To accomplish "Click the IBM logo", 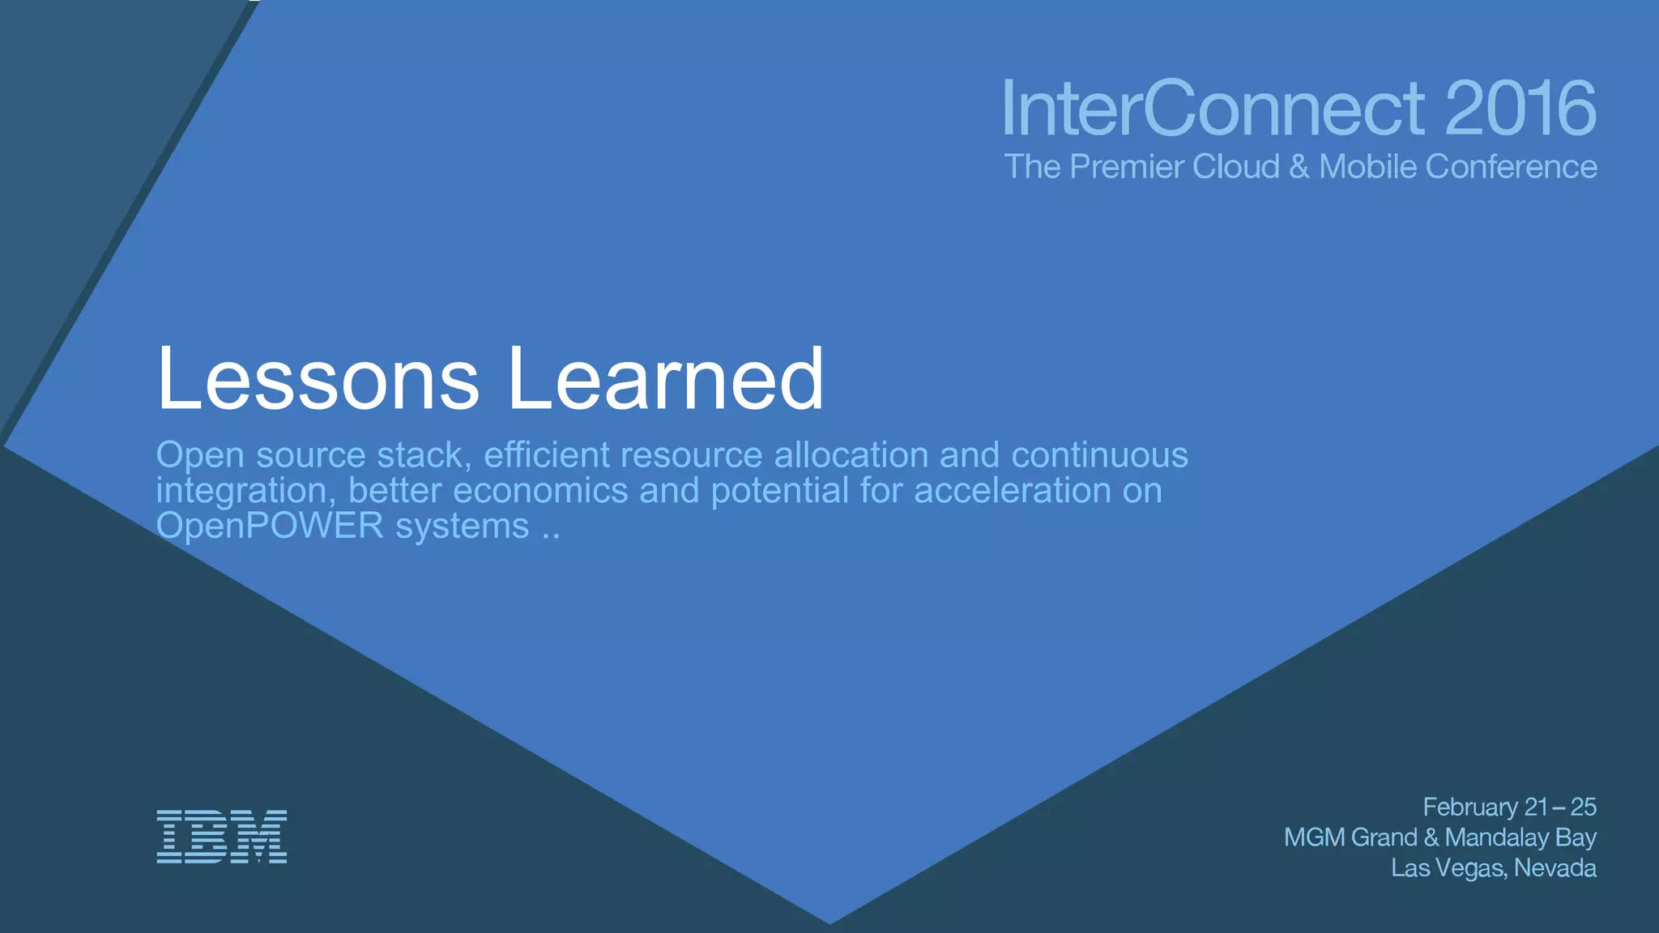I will [x=221, y=836].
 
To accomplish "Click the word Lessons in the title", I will [x=318, y=379].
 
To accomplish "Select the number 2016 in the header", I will [x=1520, y=109].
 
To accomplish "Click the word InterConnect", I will [x=1213, y=109].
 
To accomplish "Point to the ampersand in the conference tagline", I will [x=1299, y=167].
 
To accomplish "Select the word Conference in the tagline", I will [x=1511, y=167].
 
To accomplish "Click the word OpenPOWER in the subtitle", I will [x=270, y=526].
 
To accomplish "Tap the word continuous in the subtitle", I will [x=1099, y=455].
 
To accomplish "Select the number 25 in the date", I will [x=1583, y=807].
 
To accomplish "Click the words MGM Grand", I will [x=1350, y=837].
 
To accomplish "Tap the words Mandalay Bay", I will [x=1520, y=837].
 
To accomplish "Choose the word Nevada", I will [x=1555, y=868].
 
